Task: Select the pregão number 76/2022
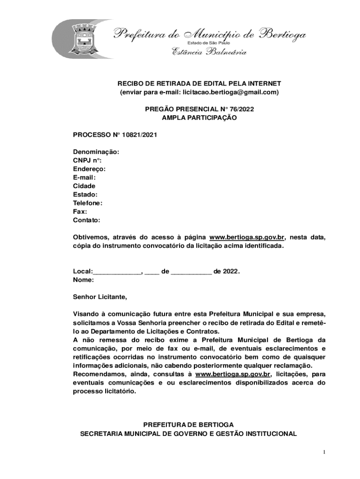[243, 109]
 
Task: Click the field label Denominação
[96, 152]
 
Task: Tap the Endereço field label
[89, 169]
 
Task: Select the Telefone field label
[87, 203]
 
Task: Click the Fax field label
[80, 211]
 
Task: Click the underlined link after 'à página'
[247, 237]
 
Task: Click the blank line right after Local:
[117, 271]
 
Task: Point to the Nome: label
[83, 280]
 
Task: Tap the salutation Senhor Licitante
[100, 297]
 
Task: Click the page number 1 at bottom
[324, 452]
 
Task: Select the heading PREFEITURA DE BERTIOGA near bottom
[188, 425]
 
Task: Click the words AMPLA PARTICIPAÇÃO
[199, 118]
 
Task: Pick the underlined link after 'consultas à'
[233, 374]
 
